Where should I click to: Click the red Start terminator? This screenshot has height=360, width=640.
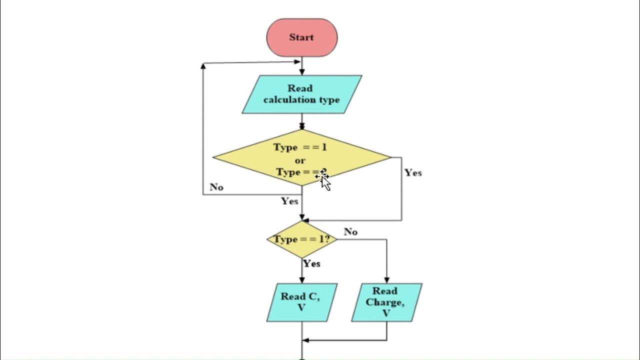[301, 37]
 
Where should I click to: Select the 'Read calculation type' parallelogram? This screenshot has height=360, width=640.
[301, 94]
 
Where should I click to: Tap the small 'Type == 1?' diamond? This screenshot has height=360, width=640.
[301, 239]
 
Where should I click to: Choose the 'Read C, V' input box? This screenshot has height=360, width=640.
[301, 302]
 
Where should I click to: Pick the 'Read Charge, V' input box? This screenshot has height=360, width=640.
[386, 302]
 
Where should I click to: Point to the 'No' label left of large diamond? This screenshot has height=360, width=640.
[216, 187]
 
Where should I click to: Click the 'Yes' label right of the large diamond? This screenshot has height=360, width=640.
[413, 172]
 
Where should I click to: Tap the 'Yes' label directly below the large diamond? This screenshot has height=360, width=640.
[289, 201]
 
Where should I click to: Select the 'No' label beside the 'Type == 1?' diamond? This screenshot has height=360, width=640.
[350, 232]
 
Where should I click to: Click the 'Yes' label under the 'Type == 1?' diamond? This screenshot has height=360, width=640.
[312, 263]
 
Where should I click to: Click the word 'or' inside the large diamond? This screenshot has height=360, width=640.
[300, 160]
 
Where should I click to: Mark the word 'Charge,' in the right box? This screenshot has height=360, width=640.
[384, 302]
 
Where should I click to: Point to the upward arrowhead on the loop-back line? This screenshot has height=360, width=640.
[203, 66]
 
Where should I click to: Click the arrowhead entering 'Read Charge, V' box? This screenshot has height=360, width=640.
[386, 280]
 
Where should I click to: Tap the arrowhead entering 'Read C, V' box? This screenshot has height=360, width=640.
[301, 280]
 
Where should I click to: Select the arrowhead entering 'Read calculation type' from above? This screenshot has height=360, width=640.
[301, 72]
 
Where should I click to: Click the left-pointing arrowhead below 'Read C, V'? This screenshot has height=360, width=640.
[305, 340]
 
